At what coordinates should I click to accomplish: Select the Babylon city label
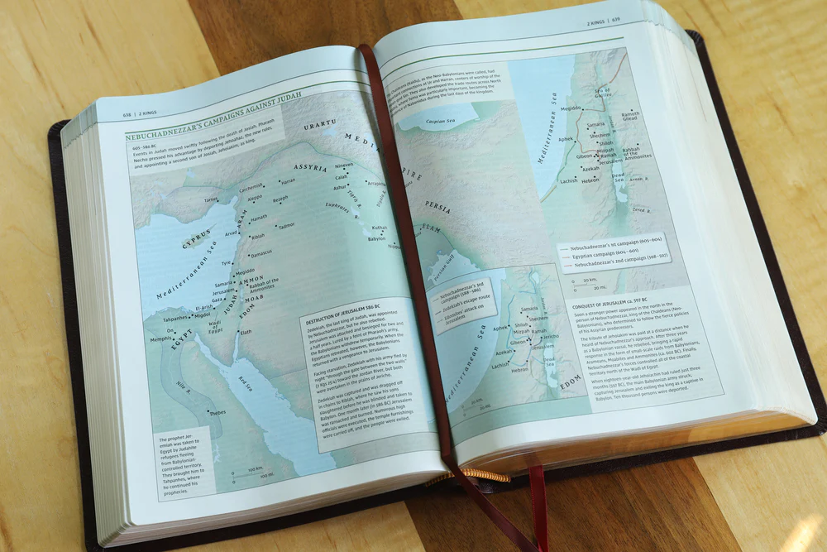point(376,238)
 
